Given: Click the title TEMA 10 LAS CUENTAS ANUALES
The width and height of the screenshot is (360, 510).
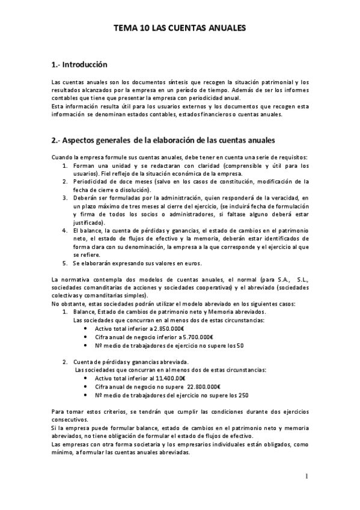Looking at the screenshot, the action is click(180, 28).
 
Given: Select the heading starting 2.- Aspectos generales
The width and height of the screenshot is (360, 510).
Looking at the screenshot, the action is click(163, 141).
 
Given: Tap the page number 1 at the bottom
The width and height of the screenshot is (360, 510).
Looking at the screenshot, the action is click(307, 476).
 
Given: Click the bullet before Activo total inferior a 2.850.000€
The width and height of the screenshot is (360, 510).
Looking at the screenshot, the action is click(87, 328).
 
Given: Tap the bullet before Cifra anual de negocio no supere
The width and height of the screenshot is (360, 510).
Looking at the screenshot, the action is click(87, 387).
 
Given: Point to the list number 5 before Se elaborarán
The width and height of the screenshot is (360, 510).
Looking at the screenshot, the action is click(65, 263).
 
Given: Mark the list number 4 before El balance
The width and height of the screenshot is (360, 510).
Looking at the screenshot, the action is click(65, 230).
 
